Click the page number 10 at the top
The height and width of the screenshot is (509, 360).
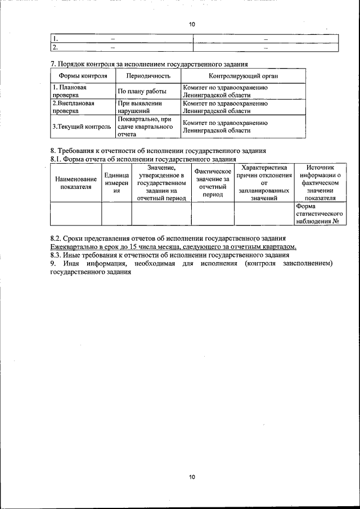191,25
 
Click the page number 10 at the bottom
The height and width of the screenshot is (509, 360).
191,477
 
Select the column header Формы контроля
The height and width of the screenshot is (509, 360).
79,75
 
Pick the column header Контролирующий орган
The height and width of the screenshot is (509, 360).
243,75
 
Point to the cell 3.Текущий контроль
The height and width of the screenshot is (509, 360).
82,127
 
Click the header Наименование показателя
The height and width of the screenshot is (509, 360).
76,183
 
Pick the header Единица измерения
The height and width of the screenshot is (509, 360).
116,183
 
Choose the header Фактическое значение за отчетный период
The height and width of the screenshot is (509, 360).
213,183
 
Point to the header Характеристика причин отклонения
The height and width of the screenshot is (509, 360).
264,183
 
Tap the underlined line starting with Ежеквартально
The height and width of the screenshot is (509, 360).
173,247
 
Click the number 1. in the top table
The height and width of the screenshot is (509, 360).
56,38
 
